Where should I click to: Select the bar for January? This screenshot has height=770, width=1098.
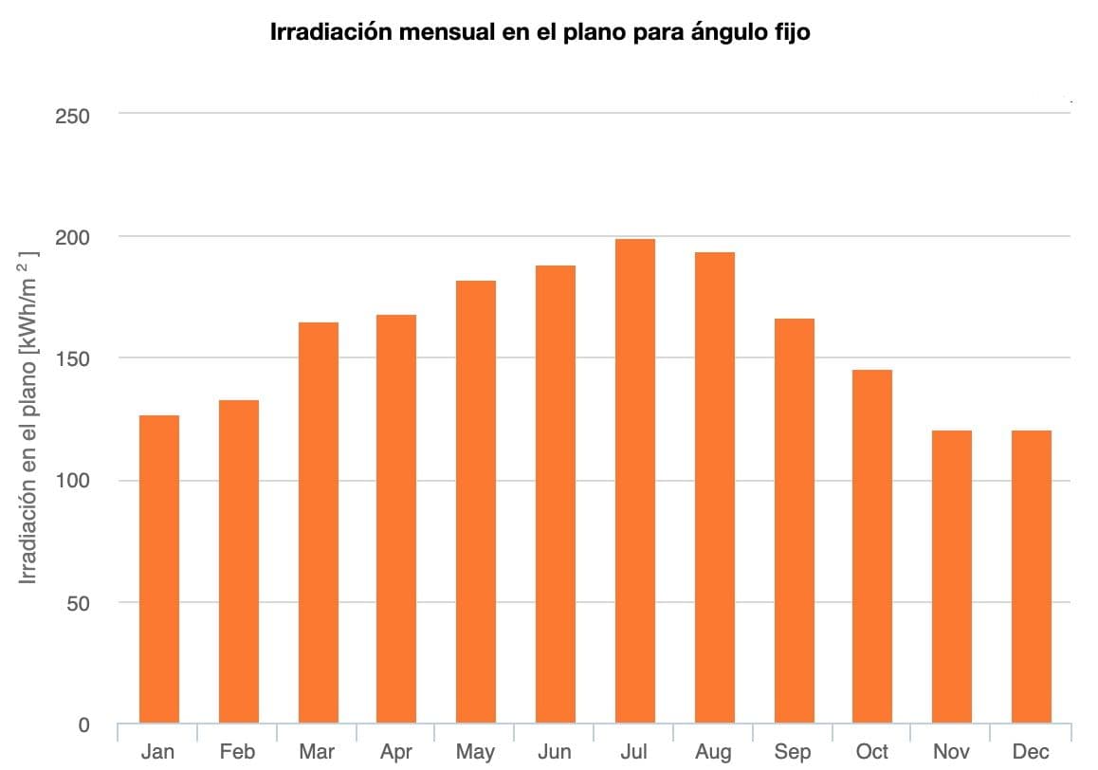159,569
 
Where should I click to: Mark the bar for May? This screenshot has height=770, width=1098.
476,502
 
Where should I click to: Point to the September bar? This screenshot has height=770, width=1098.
793,522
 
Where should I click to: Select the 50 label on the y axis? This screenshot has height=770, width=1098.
78,603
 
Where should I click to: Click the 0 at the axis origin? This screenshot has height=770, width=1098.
83,725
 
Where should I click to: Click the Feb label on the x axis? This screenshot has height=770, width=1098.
237,752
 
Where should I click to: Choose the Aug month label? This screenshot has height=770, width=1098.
713,752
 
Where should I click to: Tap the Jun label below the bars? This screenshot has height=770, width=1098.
555,752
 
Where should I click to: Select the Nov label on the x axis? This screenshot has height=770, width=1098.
951,752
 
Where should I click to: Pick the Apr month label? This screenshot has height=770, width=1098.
396,752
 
